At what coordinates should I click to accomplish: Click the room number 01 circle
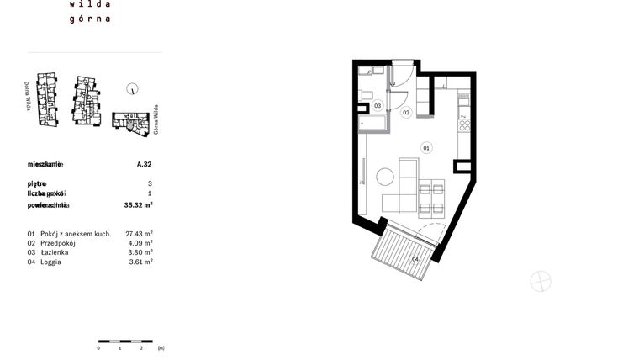click(426, 148)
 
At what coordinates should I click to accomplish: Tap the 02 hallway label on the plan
click(405, 112)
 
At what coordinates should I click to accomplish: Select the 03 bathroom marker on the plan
click(378, 106)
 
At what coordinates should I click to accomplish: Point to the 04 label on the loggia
click(415, 259)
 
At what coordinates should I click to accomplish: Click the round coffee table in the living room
click(385, 177)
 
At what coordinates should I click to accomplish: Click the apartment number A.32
click(144, 165)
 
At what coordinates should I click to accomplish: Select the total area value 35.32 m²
click(138, 204)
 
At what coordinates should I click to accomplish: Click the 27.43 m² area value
click(138, 233)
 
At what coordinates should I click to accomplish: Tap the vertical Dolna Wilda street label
click(28, 97)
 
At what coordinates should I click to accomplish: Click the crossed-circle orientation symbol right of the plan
click(541, 281)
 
